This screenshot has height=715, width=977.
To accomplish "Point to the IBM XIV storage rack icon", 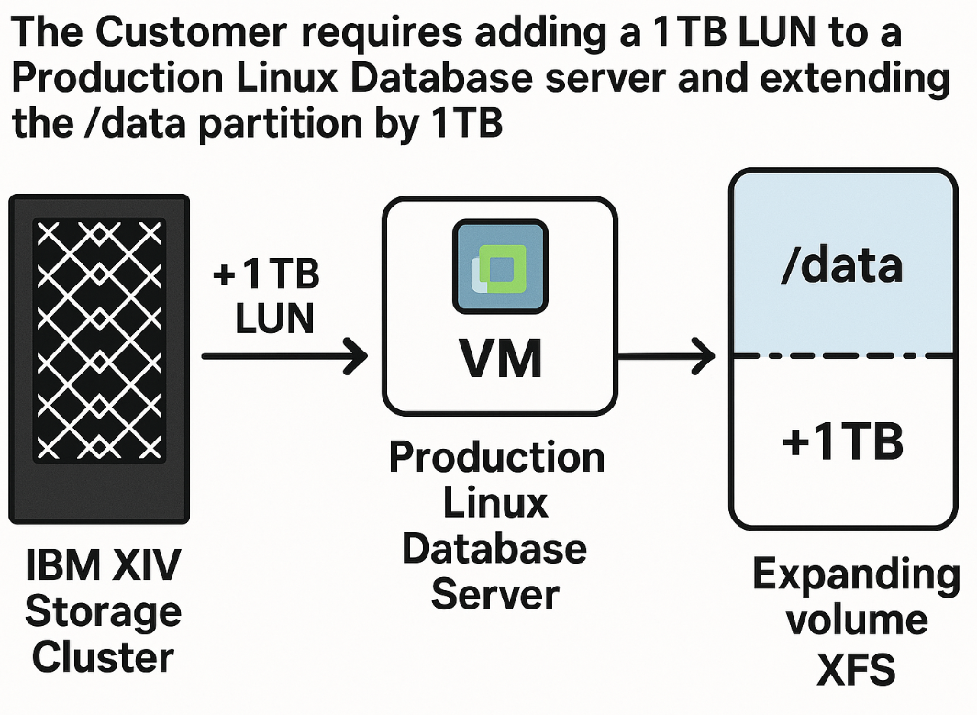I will tap(99, 358).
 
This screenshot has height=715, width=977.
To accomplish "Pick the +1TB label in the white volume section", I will tap(842, 441).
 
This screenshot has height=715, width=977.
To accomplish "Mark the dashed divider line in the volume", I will tap(841, 355).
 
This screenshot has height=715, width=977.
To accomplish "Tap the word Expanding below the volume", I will tap(856, 575).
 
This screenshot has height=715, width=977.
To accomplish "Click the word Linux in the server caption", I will tap(496, 503).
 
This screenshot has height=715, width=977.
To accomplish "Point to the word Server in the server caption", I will tap(495, 594).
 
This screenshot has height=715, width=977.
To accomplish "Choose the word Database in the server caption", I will tap(495, 549).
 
